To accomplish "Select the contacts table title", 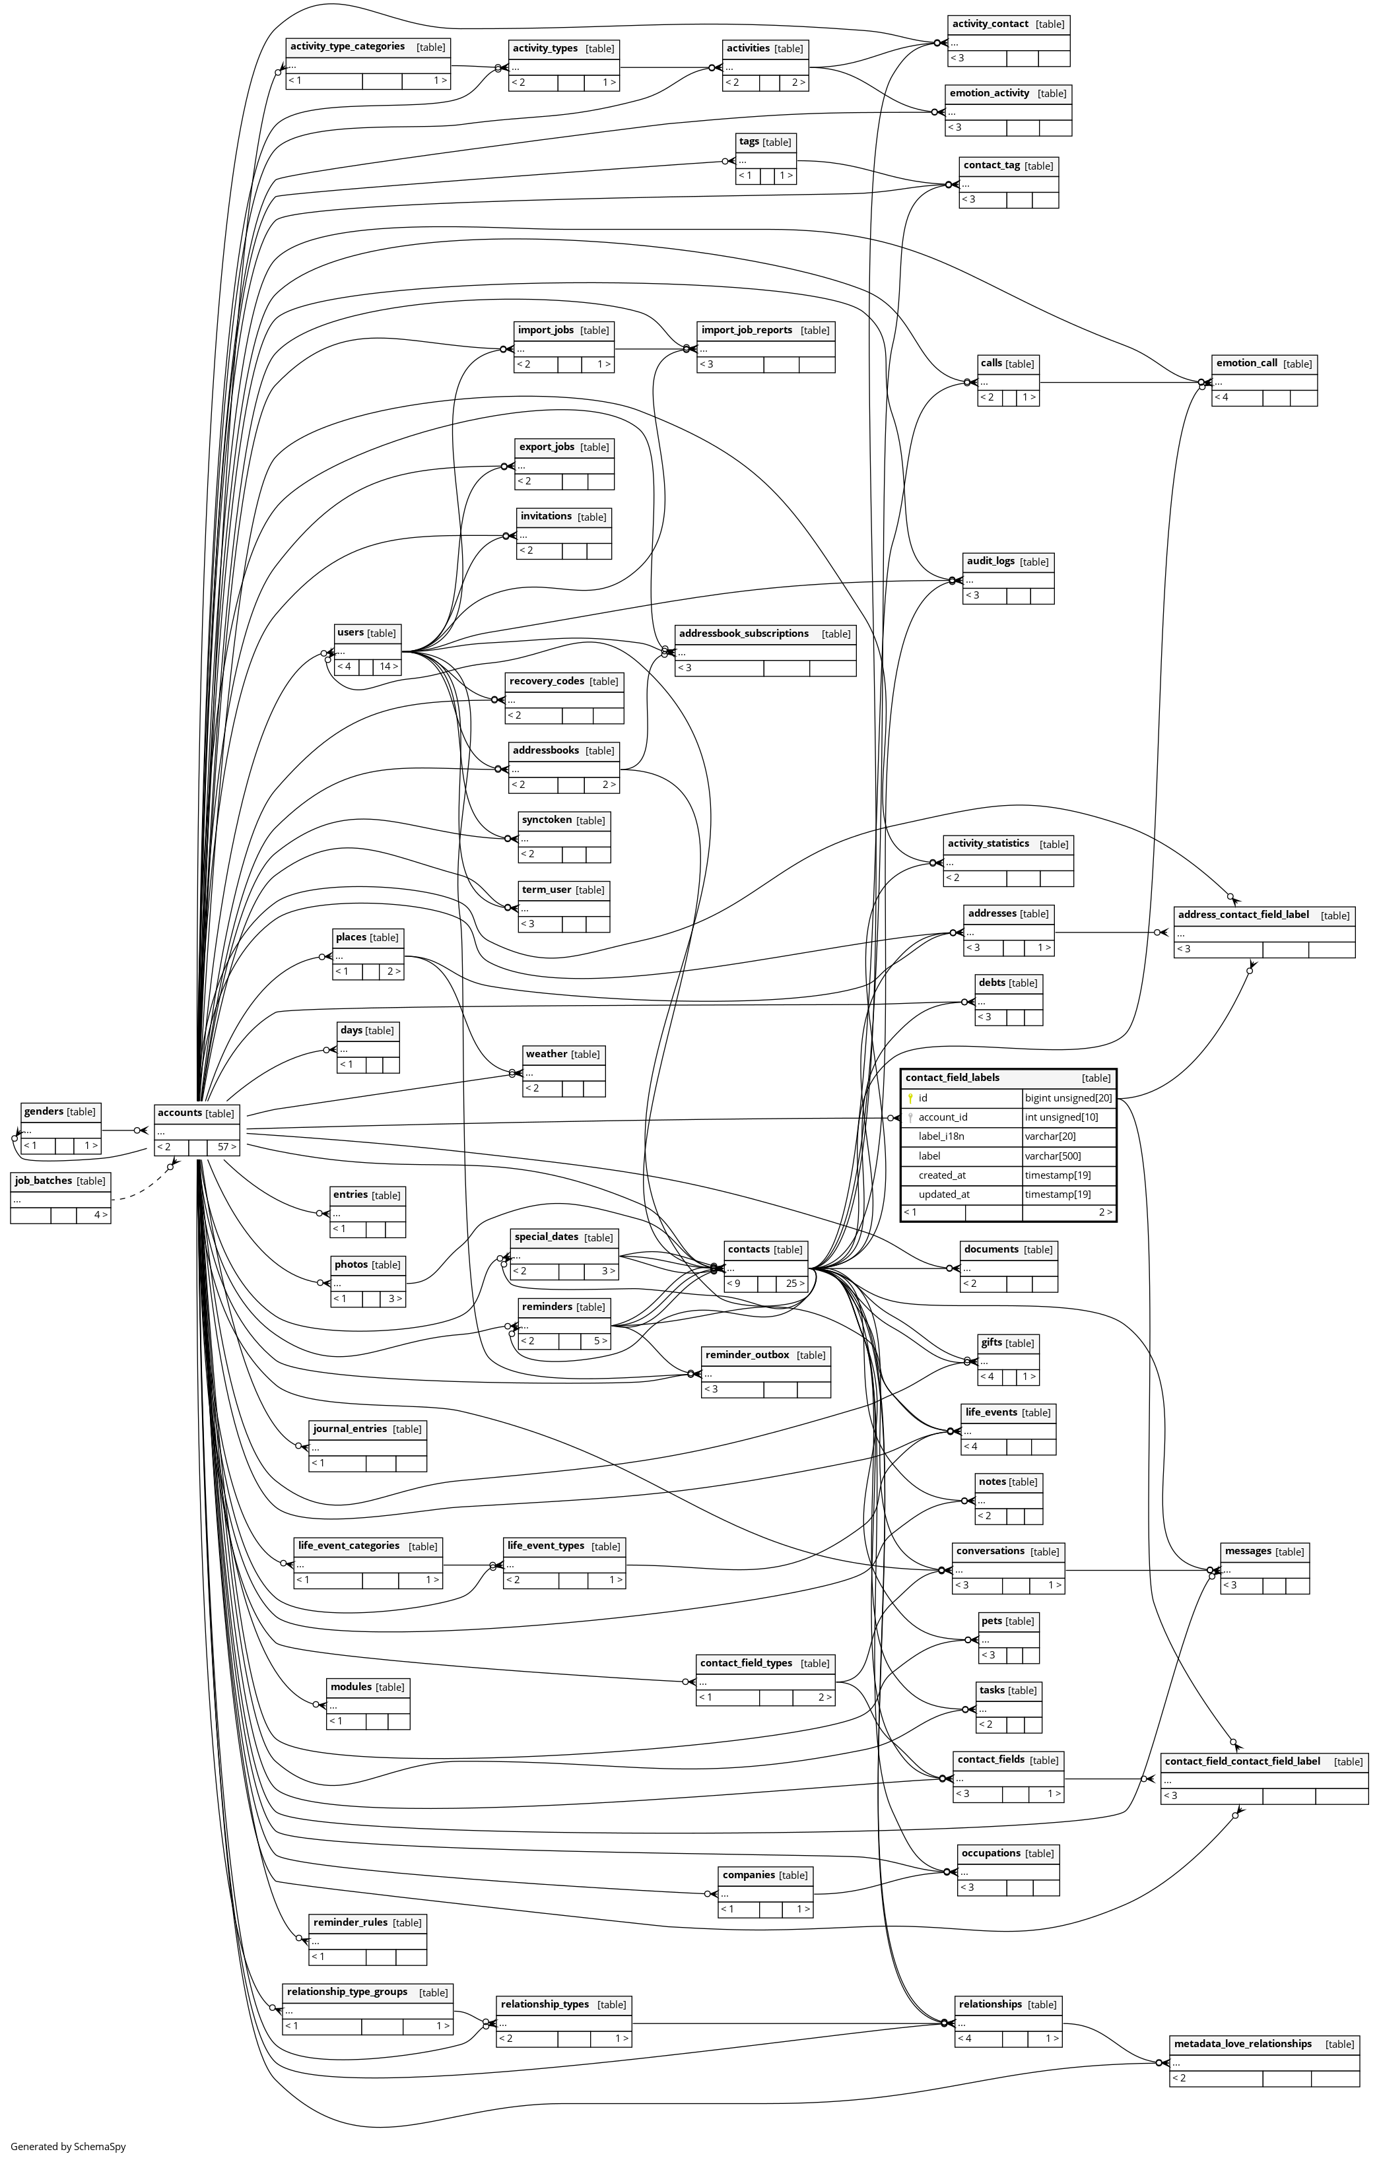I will click(x=749, y=1249).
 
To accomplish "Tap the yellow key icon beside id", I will click(x=910, y=1098).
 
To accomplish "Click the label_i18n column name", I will click(x=940, y=1136).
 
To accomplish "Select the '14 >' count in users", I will click(x=387, y=667).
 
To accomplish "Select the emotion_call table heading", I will click(x=1246, y=363).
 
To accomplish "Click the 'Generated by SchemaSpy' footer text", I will click(x=68, y=2147).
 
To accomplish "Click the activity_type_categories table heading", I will click(x=347, y=47).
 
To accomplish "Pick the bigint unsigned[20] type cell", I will click(x=1067, y=1098).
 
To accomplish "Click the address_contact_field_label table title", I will click(x=1242, y=915).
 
